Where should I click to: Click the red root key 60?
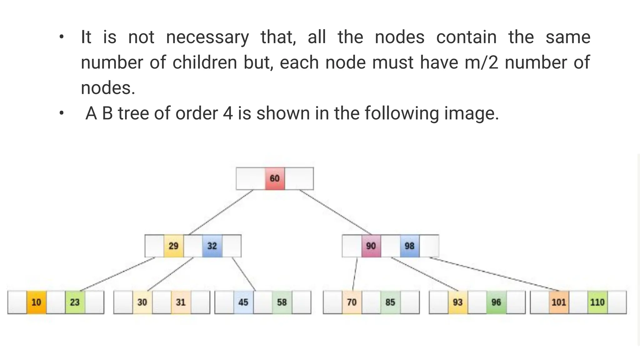[275, 178]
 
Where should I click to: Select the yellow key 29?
[173, 246]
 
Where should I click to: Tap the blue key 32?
[212, 246]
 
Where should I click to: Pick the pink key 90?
[371, 246]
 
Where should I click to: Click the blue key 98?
[410, 246]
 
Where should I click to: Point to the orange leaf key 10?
[36, 302]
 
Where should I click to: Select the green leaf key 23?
[75, 302]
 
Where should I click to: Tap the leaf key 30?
[142, 302]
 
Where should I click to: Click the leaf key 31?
[181, 302]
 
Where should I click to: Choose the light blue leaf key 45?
[243, 302]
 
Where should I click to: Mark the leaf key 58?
[282, 302]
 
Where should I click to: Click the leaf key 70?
[352, 302]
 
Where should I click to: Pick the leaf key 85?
[390, 302]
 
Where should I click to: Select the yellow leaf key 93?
[458, 302]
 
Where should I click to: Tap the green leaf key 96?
[496, 302]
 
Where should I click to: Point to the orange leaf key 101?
[559, 302]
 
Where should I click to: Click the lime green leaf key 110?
[597, 302]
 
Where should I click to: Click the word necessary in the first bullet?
[207, 37]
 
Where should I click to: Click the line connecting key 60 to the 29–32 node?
[221, 212]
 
